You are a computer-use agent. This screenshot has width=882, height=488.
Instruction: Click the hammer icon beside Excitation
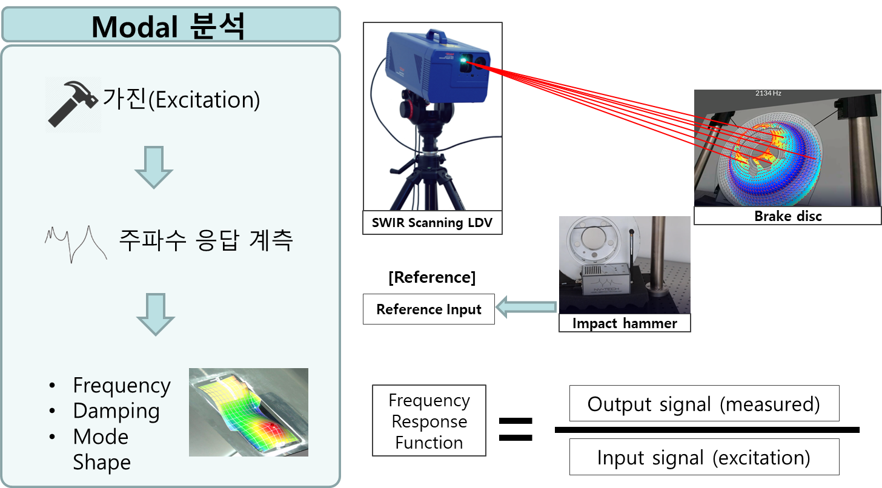(73, 104)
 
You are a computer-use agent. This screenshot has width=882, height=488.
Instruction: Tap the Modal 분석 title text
(168, 27)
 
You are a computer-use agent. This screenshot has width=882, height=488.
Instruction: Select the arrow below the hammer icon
(154, 167)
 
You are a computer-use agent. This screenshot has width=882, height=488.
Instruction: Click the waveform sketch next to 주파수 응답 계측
(76, 243)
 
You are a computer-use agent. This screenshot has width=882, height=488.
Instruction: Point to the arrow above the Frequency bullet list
(156, 314)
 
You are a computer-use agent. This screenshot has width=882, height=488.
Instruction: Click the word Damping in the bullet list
(116, 411)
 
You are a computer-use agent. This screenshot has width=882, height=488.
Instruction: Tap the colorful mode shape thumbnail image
(248, 412)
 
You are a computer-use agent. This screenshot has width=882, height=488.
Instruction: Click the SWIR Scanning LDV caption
(432, 223)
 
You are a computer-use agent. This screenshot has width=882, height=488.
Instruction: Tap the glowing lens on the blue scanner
(465, 61)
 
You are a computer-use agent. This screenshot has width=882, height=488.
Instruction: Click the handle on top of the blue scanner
(436, 35)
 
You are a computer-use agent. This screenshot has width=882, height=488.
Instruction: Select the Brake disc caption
(788, 216)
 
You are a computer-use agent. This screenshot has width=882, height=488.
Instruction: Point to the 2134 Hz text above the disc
(768, 93)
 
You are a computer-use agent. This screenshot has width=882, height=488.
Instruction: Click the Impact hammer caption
(625, 323)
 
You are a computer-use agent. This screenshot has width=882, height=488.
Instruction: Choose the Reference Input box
(429, 309)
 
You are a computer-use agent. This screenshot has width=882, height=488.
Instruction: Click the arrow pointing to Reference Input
(526, 307)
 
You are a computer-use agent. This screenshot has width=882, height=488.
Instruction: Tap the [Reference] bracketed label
(432, 277)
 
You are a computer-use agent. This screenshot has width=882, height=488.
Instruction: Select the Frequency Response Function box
(429, 420)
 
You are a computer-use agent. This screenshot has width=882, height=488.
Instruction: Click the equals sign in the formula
(516, 429)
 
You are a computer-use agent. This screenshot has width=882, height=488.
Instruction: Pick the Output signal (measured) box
(704, 403)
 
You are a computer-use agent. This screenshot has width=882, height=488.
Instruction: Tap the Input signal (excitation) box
(704, 457)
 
